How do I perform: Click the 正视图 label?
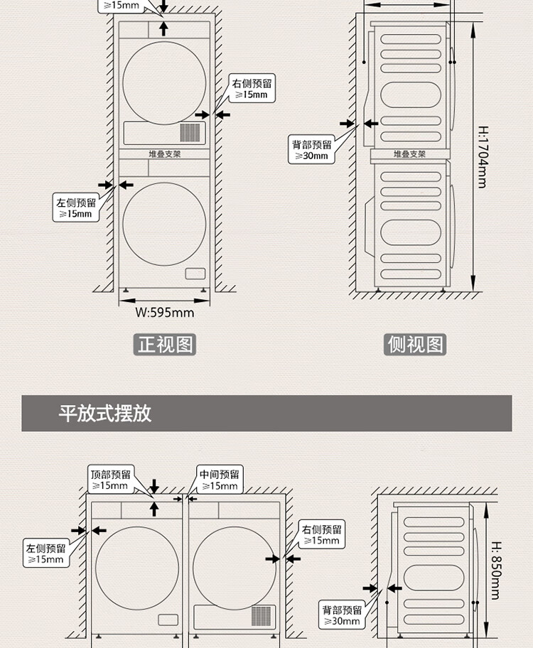pos(165,345)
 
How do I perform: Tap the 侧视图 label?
pos(416,345)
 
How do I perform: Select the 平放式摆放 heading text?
pos(104,414)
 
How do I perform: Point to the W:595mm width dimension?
pos(164,312)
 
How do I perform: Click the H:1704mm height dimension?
pos(482,157)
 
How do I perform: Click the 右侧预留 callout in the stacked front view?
pos(252,90)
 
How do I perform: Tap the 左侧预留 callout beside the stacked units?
pos(75,208)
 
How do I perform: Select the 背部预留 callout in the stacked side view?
pos(311,150)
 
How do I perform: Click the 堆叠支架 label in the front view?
pos(164,153)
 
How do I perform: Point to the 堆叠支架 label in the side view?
pos(409,153)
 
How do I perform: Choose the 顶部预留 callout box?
pos(111,480)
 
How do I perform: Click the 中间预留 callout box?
pos(219,480)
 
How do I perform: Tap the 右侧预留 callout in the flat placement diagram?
pos(322,535)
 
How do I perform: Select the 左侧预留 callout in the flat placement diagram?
pos(46,553)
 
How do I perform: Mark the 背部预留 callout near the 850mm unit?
pos(342,615)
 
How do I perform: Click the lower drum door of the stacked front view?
pos(164,224)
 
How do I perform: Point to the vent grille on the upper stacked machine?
pos(190,132)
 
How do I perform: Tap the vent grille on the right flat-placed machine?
pos(262,615)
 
